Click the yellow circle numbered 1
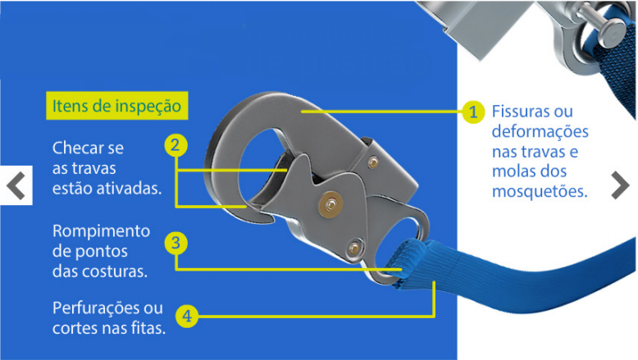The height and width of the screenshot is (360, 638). [x=473, y=112]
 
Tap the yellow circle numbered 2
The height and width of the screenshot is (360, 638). [x=175, y=145]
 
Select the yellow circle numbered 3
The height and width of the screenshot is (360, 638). [x=175, y=244]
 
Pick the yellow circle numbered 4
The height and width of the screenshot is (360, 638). [x=187, y=316]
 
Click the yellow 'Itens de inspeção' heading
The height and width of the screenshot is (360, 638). [x=116, y=106]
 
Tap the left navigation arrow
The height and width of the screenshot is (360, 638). [x=16, y=185]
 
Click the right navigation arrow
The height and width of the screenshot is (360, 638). [x=621, y=185]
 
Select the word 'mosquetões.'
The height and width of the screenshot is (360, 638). [x=540, y=191]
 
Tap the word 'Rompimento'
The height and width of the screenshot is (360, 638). [x=102, y=231]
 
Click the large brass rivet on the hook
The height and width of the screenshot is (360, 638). [x=330, y=204]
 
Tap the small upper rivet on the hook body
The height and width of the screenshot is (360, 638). [x=372, y=162]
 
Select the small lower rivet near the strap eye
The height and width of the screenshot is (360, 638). [x=354, y=247]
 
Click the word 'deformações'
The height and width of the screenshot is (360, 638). [x=540, y=131]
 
